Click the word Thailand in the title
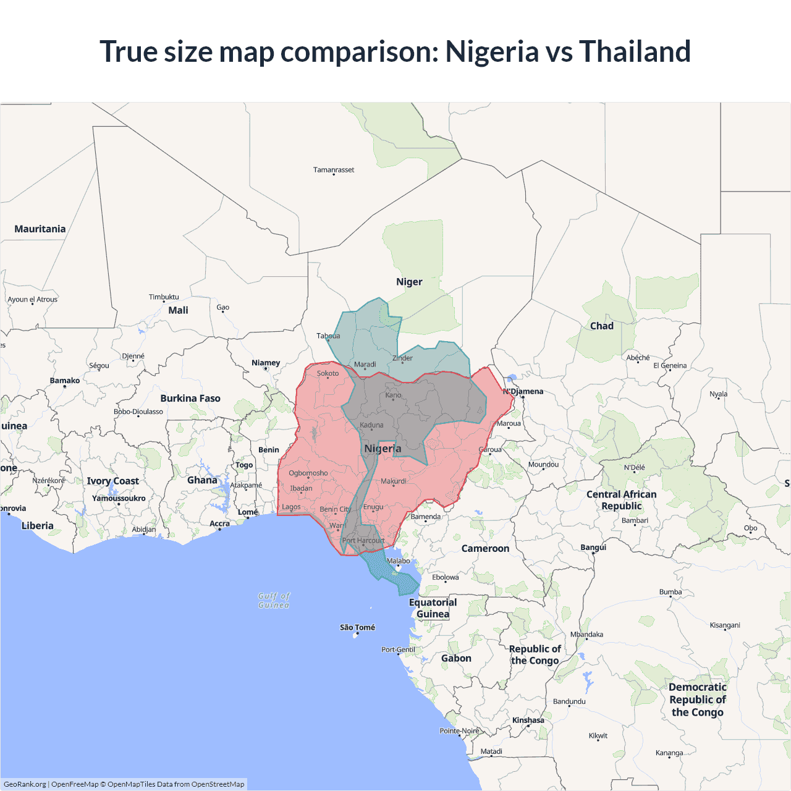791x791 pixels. pos(635,51)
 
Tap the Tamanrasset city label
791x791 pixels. pos(334,170)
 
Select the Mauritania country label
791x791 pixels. pos(40,229)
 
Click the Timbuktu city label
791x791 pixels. pos(164,297)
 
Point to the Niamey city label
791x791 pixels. pos(266,363)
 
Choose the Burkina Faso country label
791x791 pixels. pos(190,399)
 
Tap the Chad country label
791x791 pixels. pos(602,326)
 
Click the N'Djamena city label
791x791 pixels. pos(523,391)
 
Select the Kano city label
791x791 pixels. pos(393,395)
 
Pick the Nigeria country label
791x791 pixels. pos(383,449)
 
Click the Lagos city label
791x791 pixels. pos(291,507)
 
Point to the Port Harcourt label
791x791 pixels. pos(363,541)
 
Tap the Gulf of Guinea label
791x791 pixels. pos(274,601)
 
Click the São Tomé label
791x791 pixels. pos(357,628)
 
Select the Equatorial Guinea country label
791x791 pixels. pos(433,608)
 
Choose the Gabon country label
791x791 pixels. pos(456,659)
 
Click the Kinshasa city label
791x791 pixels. pos(528,720)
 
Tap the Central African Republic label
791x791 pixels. pos(622,500)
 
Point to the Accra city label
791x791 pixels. pos(219,523)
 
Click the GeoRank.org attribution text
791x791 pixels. pos(25,784)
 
